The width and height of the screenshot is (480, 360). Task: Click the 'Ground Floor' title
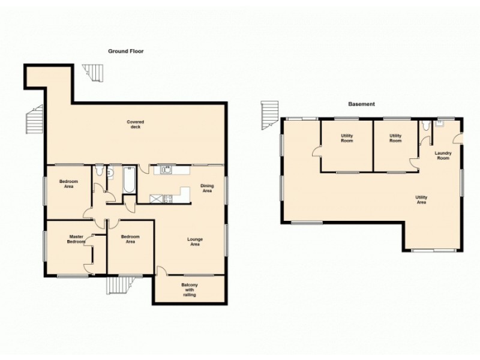tap(125, 52)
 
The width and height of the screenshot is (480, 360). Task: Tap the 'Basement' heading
tap(361, 104)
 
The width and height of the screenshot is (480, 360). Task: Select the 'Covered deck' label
tap(135, 125)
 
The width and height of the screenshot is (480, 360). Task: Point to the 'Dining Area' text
tap(207, 188)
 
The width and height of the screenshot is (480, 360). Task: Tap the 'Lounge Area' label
tap(194, 242)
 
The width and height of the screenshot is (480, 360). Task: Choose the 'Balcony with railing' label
tap(188, 289)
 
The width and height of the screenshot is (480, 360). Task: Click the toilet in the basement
tap(425, 126)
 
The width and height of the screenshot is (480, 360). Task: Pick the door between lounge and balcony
tap(161, 271)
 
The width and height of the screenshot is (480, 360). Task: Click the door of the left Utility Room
tap(316, 155)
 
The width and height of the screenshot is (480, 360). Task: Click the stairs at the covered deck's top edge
tap(93, 73)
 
